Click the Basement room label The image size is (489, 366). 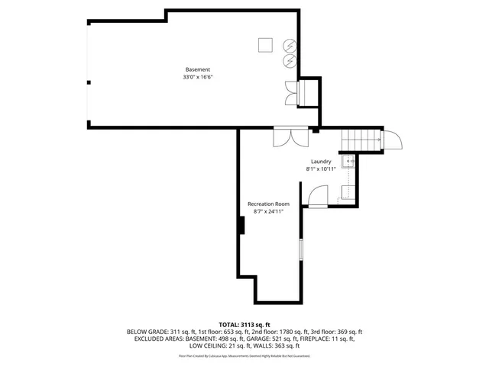point(197,69)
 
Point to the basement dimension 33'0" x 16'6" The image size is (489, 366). point(197,77)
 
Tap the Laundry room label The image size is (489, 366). point(321,162)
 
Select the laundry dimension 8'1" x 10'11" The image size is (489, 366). point(321,169)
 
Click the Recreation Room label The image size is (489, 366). point(268,204)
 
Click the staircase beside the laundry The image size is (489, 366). point(361,140)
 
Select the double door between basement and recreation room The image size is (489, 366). point(292,136)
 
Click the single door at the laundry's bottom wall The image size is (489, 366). point(316,197)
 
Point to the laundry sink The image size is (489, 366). point(349,162)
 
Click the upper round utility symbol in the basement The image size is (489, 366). point(290,45)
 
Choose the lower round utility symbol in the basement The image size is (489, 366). point(290,59)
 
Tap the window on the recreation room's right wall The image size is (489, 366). point(301,250)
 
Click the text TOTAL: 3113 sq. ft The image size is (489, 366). point(244,325)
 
